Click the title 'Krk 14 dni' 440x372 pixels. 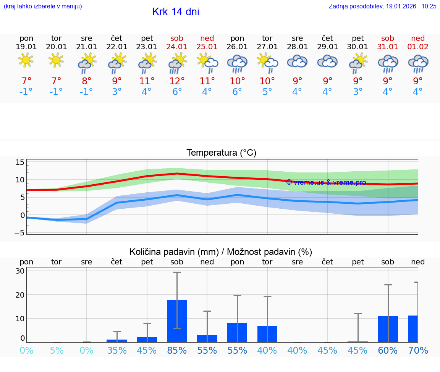click(176, 12)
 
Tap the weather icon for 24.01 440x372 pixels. click(177, 63)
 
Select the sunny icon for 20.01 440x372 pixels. click(57, 60)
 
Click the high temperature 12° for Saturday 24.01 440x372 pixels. click(177, 81)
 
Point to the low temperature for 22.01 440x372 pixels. click(117, 92)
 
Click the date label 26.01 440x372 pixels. click(237, 47)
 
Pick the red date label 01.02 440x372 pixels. click(418, 47)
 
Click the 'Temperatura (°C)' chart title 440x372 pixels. click(221, 153)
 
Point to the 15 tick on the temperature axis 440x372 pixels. click(20, 163)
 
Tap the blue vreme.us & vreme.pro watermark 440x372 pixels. click(326, 182)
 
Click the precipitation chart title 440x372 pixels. click(221, 252)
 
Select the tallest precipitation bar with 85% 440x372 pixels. click(177, 321)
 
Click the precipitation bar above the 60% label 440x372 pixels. click(388, 329)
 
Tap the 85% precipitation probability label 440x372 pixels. click(177, 350)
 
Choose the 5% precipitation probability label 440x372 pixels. click(57, 350)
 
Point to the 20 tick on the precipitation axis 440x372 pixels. click(20, 295)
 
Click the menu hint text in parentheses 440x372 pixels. click(43, 6)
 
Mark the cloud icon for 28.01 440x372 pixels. click(297, 61)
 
